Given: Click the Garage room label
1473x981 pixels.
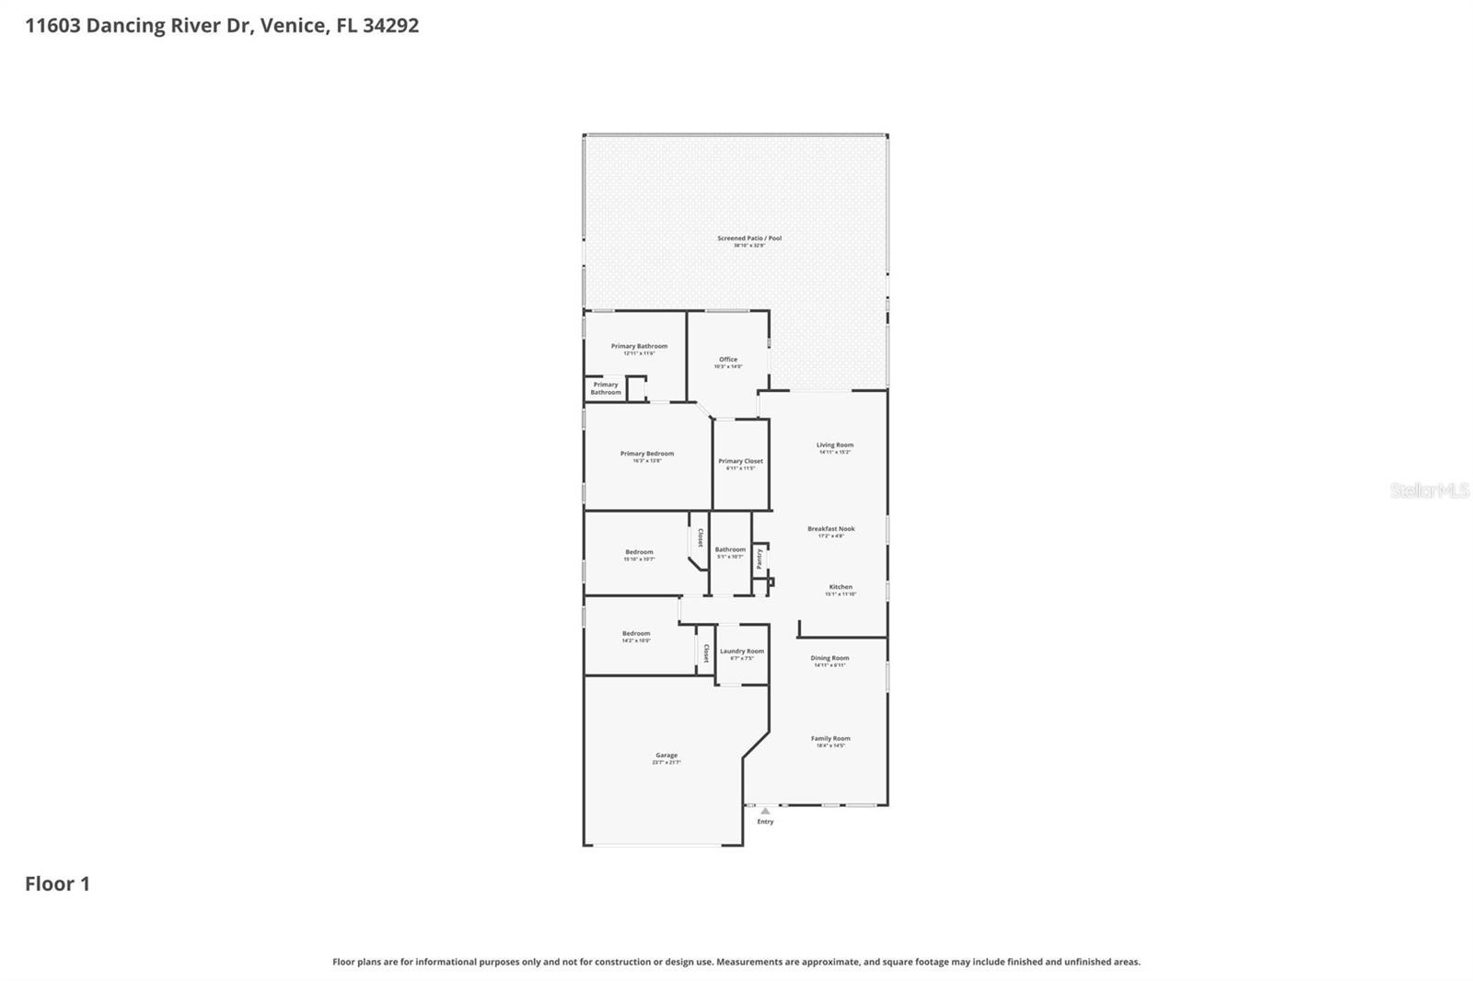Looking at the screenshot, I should coord(666,756).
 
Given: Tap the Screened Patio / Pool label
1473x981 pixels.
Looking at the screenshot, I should coord(749,238).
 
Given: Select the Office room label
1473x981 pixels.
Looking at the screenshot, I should coord(728,360).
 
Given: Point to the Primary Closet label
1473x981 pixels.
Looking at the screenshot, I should coord(740,461).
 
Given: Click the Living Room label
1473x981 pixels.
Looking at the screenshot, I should coord(835,445).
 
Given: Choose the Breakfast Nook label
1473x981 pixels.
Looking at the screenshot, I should coord(830,529).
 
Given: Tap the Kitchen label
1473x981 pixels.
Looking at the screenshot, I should coord(841,587).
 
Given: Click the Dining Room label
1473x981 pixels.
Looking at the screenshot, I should coord(829,658).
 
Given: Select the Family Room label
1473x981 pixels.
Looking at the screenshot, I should coord(830,738).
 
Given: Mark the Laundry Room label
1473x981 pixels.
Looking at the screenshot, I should coord(742,652).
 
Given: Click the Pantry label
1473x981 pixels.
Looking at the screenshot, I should coord(760,558).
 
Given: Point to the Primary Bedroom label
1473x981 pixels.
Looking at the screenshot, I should coord(647,454).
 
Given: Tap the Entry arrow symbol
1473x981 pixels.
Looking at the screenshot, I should coord(765,811).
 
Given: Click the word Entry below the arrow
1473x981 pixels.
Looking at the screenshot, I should coord(765,822).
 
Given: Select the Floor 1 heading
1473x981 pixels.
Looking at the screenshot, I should coord(57,884).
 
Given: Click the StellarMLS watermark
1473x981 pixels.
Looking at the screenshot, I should coord(1429,491).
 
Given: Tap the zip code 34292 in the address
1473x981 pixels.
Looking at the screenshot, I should coord(390,26).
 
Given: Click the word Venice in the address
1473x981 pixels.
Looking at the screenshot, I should coord(293,26).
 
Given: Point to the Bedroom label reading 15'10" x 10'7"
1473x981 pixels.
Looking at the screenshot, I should coord(639,552).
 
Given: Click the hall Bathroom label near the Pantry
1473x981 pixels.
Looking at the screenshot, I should coord(730,549).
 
